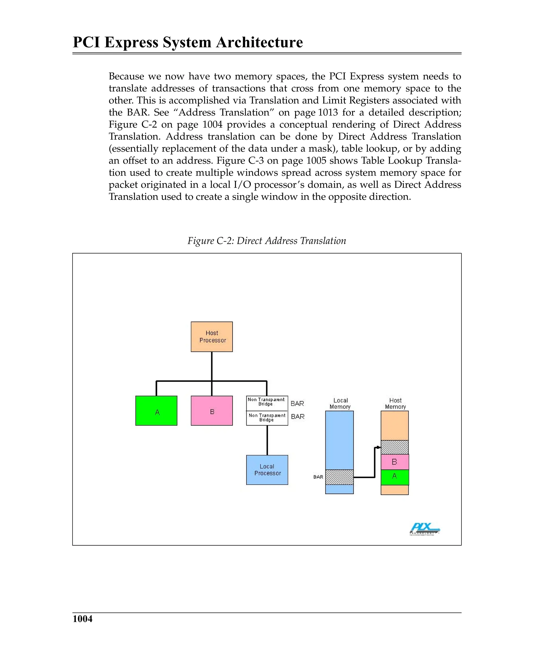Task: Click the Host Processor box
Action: [212, 337]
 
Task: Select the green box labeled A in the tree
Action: [156, 411]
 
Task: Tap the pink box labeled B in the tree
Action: [212, 411]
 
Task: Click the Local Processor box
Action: [267, 470]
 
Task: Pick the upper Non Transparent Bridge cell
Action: [267, 403]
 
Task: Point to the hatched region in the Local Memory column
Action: [339, 477]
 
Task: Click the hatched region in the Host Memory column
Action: [395, 447]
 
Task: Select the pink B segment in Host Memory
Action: [395, 462]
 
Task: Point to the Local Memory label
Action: [340, 404]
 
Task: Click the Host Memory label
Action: [395, 404]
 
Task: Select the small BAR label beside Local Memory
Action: [318, 477]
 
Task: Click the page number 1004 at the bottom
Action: [82, 619]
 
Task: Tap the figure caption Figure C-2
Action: [267, 241]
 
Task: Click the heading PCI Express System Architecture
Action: [188, 42]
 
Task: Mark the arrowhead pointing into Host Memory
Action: [379, 447]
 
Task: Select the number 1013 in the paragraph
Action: [328, 113]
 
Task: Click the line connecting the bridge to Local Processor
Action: [267, 440]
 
